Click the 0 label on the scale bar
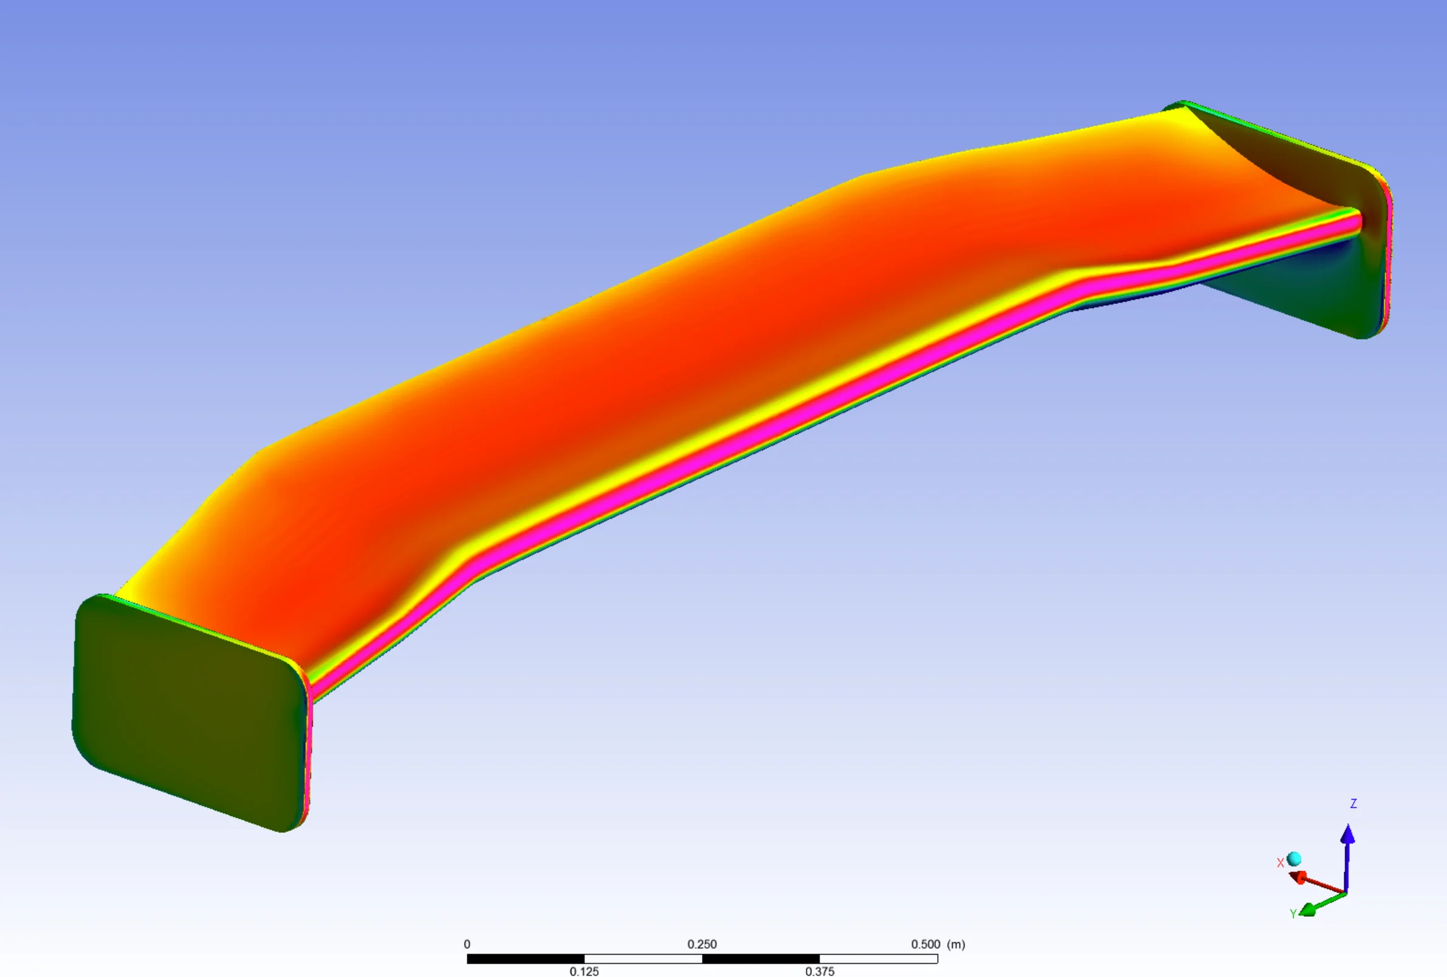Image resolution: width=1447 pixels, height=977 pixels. [x=467, y=944]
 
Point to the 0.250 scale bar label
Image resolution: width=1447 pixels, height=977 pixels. [x=702, y=944]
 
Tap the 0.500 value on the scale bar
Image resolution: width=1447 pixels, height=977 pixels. [x=925, y=944]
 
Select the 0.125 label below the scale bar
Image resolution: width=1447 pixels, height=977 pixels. [x=584, y=972]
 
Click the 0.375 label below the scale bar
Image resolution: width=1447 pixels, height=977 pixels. [x=819, y=972]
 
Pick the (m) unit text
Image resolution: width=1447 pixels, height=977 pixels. [x=956, y=944]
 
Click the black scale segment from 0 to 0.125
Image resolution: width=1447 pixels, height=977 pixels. [x=526, y=959]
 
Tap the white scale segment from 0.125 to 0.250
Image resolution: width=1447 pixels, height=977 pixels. [x=643, y=959]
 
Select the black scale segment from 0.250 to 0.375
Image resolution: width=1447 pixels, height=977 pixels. [x=761, y=959]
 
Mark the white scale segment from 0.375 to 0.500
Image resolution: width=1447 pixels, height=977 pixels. [x=879, y=959]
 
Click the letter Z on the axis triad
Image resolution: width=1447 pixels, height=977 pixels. [x=1353, y=804]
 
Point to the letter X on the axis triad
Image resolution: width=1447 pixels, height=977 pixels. [x=1280, y=863]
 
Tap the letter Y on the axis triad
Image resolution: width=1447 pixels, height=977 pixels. [x=1293, y=914]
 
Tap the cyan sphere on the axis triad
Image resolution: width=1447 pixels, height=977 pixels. [x=1294, y=859]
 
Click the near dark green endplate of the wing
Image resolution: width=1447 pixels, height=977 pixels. [x=187, y=710]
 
